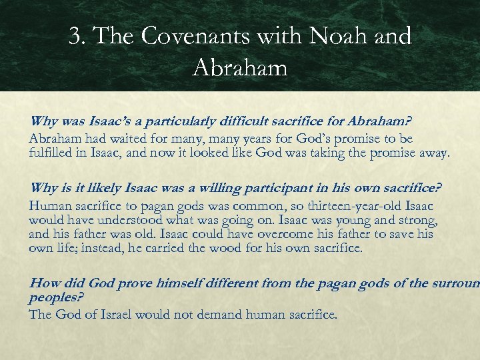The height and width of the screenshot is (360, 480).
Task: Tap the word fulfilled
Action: tap(51, 153)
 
